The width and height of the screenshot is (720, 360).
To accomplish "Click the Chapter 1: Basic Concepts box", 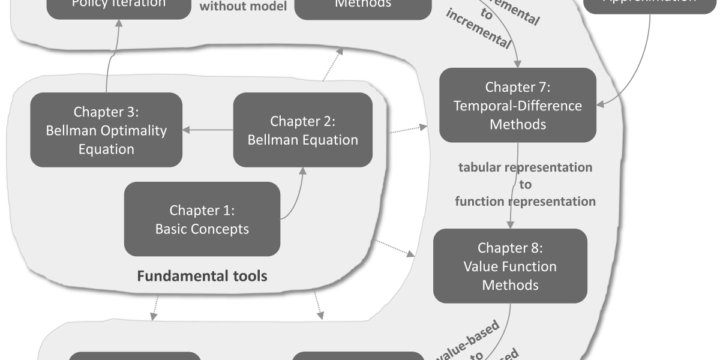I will [202, 219].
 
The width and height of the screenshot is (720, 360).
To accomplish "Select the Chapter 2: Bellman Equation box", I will [302, 130].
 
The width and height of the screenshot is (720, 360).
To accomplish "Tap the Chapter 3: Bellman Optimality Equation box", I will [106, 130].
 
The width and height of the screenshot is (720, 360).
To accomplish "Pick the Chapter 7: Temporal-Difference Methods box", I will [518, 105].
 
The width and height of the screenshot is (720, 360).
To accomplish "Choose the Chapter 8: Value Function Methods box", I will [510, 266].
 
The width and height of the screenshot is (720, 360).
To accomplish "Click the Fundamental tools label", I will [202, 277].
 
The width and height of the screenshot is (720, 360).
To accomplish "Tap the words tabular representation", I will [525, 167].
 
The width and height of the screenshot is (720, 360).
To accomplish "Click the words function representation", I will [525, 202].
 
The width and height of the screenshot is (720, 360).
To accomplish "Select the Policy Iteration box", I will [118, 6].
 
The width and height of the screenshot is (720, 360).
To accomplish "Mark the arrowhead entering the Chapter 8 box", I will [510, 224].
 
